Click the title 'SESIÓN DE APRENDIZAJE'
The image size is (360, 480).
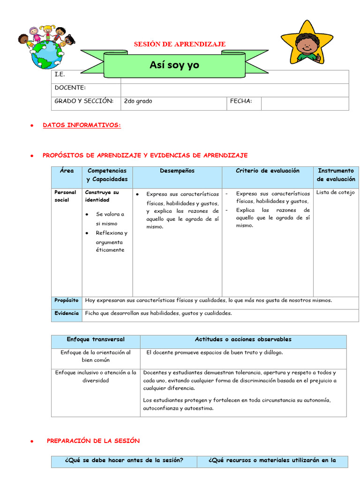[x=180, y=44]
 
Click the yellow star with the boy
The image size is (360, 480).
[x=307, y=42]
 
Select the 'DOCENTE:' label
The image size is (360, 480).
[x=70, y=88]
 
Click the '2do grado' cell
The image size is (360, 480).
[x=138, y=101]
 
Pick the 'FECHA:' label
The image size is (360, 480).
[x=241, y=101]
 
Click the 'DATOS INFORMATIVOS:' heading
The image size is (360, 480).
[x=82, y=125]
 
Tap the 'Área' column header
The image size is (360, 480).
[x=67, y=171]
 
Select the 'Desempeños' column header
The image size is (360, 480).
[x=177, y=171]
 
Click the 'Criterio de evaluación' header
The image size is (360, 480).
[x=267, y=171]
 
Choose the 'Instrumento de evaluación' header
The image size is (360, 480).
[x=336, y=175]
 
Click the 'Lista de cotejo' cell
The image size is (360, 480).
[x=336, y=192]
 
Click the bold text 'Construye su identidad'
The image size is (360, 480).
[x=102, y=196]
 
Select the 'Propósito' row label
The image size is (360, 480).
[x=66, y=300]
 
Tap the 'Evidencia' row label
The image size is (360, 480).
[x=67, y=313]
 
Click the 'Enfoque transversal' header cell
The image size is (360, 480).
[x=96, y=339]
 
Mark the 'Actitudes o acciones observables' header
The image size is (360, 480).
[x=243, y=339]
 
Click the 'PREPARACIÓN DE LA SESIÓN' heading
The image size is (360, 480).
[x=93, y=441]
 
